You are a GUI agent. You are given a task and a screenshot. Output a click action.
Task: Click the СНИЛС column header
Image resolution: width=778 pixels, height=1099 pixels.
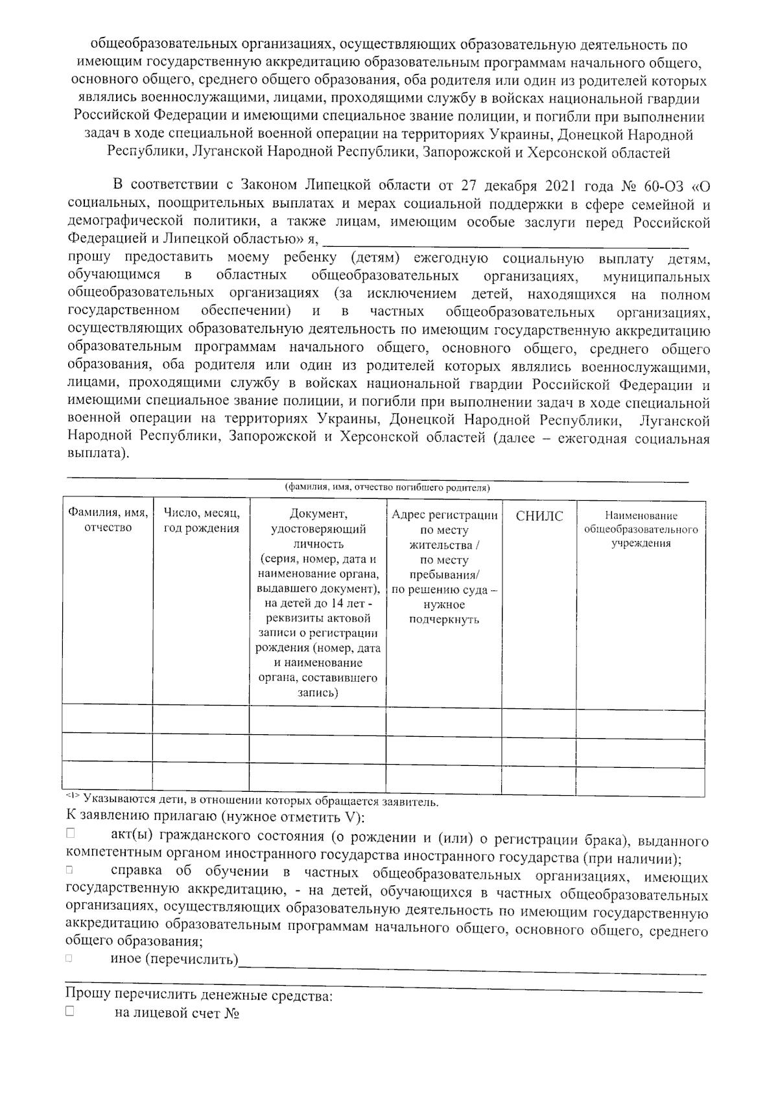click(539, 516)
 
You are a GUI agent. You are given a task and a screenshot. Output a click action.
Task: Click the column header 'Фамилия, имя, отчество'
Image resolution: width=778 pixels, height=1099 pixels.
click(108, 520)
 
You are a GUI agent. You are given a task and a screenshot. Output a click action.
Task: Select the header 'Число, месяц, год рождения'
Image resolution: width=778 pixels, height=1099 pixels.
click(202, 520)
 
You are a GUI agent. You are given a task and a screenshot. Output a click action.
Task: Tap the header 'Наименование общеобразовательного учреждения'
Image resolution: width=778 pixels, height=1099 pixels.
click(641, 529)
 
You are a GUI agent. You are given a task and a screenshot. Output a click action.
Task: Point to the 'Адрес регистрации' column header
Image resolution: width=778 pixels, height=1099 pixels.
click(445, 515)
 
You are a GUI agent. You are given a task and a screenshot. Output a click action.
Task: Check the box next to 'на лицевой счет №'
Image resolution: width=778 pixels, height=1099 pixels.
click(69, 1012)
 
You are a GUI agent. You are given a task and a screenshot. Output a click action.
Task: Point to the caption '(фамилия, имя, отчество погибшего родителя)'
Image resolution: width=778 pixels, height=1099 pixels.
click(388, 487)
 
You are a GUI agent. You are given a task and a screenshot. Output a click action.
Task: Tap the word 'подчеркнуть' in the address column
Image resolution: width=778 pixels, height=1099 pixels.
click(445, 619)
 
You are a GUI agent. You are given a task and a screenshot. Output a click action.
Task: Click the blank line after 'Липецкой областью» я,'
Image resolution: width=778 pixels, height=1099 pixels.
click(506, 241)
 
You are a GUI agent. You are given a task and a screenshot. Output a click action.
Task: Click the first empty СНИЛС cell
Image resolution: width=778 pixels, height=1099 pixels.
click(539, 719)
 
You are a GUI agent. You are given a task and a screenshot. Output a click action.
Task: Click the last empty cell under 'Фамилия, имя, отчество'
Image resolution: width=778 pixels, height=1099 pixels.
click(108, 776)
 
